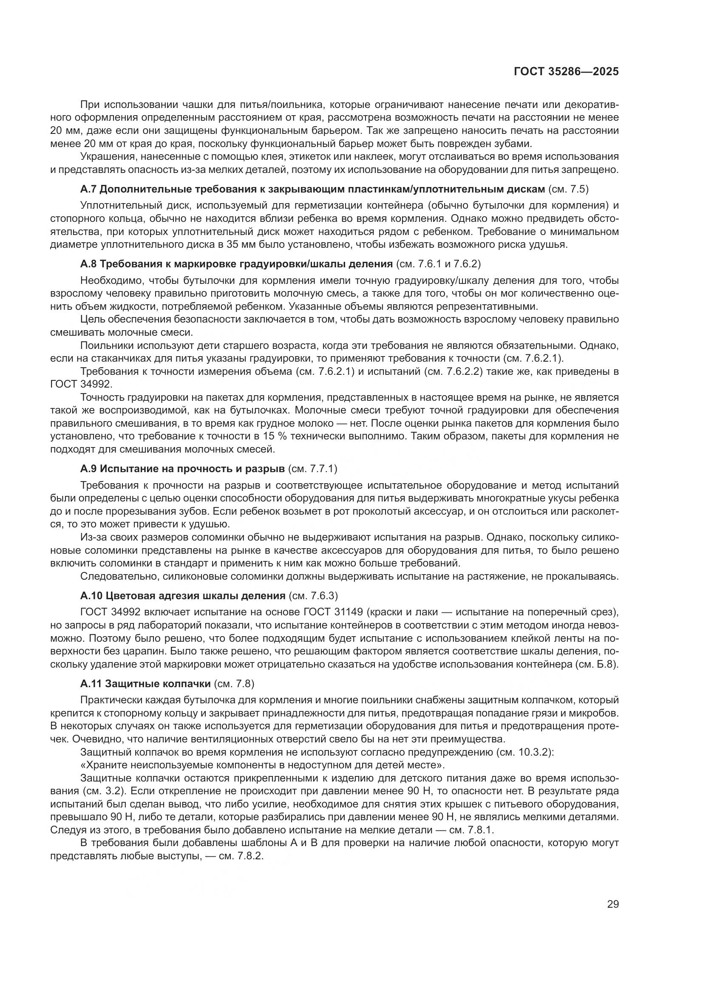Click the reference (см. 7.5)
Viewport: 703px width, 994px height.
tap(568, 189)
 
